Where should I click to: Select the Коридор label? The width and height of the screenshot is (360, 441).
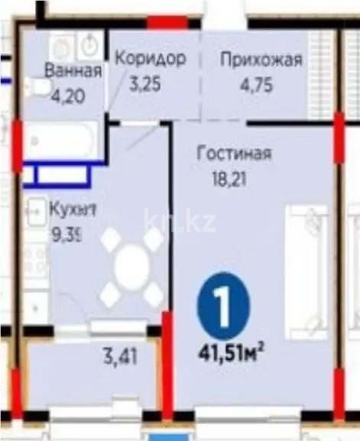tap(150, 59)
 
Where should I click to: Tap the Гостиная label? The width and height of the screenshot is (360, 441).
tap(235, 153)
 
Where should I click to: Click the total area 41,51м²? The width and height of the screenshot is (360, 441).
tap(231, 353)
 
